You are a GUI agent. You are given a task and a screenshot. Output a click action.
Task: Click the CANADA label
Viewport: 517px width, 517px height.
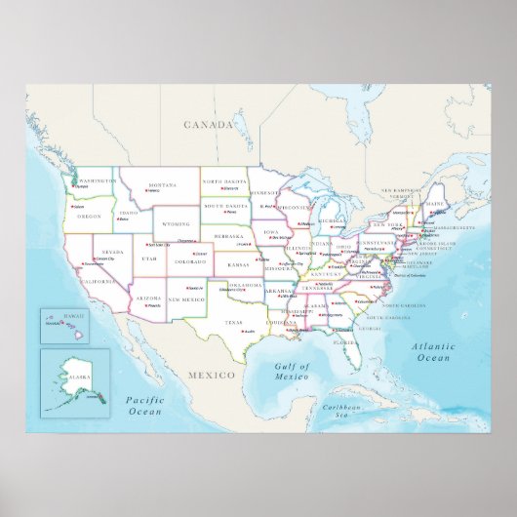(x=211, y=125)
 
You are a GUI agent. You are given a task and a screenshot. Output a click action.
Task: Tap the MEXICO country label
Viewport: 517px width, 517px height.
(x=213, y=375)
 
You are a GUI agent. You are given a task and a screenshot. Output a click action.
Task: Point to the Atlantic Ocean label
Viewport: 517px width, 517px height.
(x=434, y=352)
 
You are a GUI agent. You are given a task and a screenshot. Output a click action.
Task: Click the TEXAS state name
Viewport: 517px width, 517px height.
(x=232, y=322)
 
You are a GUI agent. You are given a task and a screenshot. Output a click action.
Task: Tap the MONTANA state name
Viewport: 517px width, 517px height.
(x=162, y=183)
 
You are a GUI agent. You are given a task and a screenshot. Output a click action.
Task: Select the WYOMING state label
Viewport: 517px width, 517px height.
(x=177, y=223)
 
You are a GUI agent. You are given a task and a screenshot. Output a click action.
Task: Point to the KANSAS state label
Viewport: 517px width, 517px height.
(x=239, y=264)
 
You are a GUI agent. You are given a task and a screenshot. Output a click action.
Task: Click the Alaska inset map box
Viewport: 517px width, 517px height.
(x=72, y=379)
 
